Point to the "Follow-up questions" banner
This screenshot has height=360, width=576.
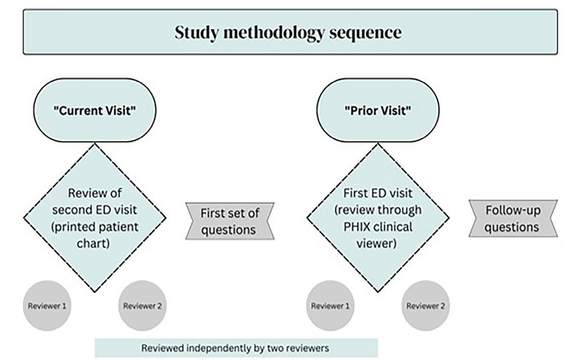pos(513,218)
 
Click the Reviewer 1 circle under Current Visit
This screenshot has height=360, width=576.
pos(47,306)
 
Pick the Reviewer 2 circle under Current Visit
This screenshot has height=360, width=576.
pos(143,306)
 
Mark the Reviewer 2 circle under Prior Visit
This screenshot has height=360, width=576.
pos(426,306)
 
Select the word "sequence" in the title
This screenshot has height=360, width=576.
pos(372,33)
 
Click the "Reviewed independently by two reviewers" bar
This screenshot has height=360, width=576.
pos(236,348)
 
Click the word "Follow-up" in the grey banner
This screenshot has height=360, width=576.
pos(513,211)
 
